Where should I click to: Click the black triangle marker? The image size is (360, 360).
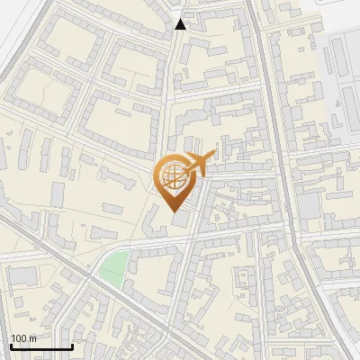pyautogui.click(x=181, y=24)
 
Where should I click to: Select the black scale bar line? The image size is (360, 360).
pyautogui.click(x=40, y=346)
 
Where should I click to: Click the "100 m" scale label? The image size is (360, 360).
pyautogui.click(x=22, y=338)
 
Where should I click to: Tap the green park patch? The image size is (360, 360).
pyautogui.click(x=113, y=267)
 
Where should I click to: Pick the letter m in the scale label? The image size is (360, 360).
pyautogui.click(x=31, y=338)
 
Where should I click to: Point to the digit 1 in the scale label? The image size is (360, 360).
pyautogui.click(x=13, y=338)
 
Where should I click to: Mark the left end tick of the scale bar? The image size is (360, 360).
pyautogui.click(x=10, y=345)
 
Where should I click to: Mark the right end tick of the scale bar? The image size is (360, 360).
pyautogui.click(x=72, y=345)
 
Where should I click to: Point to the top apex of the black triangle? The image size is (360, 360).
pyautogui.click(x=181, y=19)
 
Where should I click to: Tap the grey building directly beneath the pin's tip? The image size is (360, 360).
pyautogui.click(x=183, y=220)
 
